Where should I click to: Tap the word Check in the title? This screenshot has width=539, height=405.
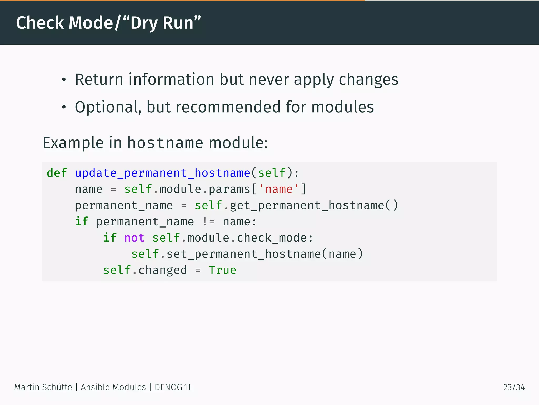click(x=40, y=23)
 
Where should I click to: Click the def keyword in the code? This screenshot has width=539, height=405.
click(x=57, y=173)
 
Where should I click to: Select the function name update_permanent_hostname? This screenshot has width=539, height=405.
click(x=162, y=173)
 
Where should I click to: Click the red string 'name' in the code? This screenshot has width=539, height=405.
click(x=279, y=189)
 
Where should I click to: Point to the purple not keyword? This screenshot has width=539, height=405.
click(x=134, y=238)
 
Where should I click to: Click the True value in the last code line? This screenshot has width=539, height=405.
click(x=222, y=270)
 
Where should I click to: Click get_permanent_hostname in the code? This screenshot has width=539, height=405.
click(x=307, y=205)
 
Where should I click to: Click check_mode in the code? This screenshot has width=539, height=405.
click(x=272, y=238)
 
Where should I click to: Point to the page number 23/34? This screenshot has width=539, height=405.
click(x=514, y=387)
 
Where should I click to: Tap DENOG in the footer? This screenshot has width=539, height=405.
click(x=168, y=387)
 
